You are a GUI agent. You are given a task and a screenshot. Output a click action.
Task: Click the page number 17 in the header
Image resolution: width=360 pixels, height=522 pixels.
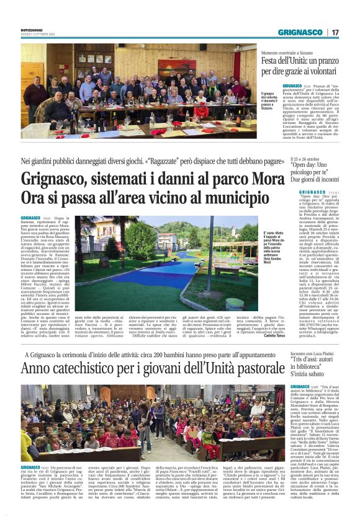pyautogui.click(x=335, y=32)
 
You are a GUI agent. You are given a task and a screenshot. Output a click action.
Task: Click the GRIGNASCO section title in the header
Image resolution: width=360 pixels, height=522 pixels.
pyautogui.click(x=300, y=32)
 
